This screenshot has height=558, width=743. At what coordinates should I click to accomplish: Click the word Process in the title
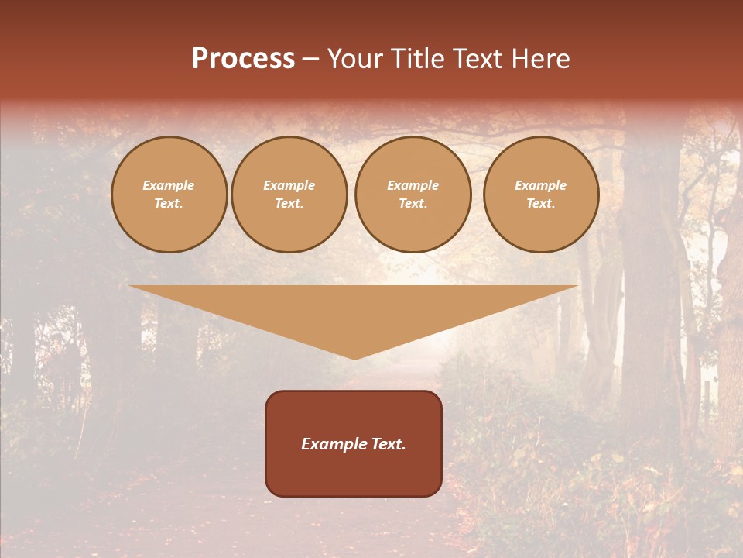(x=243, y=59)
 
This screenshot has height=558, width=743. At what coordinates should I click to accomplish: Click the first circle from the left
(x=169, y=195)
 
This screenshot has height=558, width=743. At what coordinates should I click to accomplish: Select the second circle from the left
(x=289, y=195)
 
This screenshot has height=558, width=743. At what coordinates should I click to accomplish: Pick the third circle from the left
(x=413, y=195)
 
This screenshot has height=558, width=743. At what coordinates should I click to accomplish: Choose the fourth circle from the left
(x=541, y=195)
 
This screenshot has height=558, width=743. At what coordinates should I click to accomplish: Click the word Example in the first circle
(x=169, y=186)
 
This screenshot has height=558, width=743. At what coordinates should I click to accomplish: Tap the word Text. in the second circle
(x=289, y=204)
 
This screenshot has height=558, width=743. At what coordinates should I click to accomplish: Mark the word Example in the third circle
(x=413, y=186)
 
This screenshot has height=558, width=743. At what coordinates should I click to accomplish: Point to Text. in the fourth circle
(x=541, y=204)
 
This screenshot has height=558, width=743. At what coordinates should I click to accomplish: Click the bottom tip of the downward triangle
(x=355, y=357)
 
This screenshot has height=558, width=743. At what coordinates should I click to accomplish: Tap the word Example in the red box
(x=333, y=444)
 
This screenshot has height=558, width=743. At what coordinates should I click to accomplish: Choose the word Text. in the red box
(x=387, y=444)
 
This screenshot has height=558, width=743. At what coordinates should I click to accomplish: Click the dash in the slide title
(x=311, y=60)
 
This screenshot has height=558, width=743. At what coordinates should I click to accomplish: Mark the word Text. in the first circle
(x=169, y=204)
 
